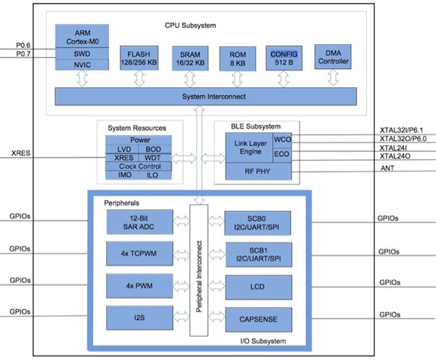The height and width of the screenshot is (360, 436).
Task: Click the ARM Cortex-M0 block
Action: point(82,35)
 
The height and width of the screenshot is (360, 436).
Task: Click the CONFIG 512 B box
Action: point(284,58)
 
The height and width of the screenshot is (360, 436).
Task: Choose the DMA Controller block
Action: point(333,57)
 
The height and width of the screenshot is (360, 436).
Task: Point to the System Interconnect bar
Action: point(202,96)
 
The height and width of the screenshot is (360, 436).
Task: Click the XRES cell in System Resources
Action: point(124,157)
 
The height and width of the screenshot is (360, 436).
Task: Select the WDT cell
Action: point(153,157)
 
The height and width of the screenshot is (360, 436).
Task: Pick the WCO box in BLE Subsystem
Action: point(281,139)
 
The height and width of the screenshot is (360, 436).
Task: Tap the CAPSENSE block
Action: point(258,317)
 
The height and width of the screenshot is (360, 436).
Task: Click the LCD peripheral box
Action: point(258,287)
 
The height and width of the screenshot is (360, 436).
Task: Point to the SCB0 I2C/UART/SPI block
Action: point(258,225)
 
